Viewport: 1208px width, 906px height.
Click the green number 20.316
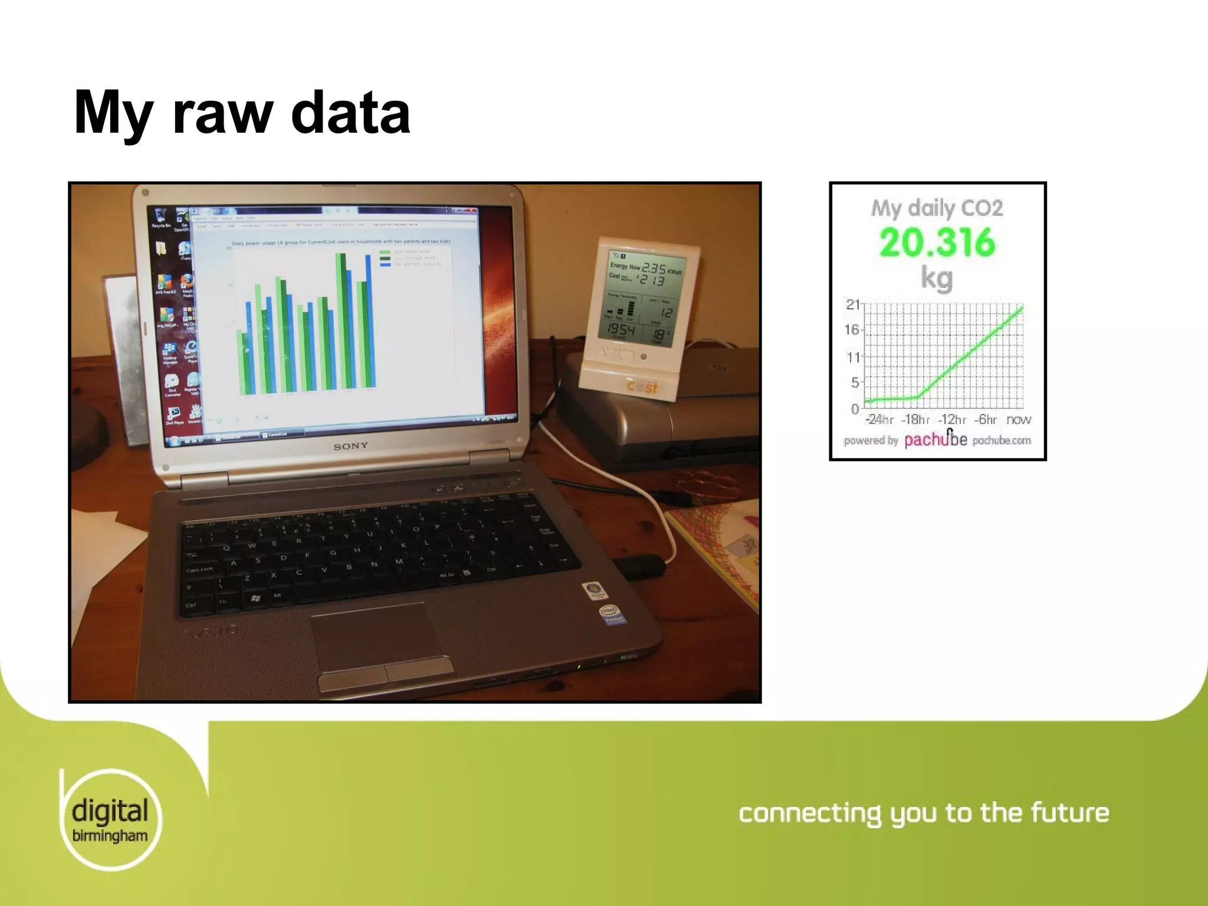(x=937, y=242)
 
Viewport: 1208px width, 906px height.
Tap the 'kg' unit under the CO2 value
(x=937, y=278)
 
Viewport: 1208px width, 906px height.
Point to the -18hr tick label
(x=915, y=420)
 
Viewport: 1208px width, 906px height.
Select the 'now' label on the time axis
(x=1019, y=420)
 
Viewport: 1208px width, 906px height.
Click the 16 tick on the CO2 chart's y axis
(x=852, y=329)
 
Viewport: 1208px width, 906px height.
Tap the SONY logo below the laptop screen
(x=351, y=447)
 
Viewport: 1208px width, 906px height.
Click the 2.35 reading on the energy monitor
(x=653, y=268)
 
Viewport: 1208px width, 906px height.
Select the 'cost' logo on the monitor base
(x=642, y=387)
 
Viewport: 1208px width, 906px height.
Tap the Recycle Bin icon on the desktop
(x=160, y=216)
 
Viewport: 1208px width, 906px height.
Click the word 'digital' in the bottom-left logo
(x=110, y=811)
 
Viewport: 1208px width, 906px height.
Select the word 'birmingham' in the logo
(x=110, y=836)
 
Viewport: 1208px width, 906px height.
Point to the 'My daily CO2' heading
(x=937, y=208)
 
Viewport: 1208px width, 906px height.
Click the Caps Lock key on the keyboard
(x=199, y=570)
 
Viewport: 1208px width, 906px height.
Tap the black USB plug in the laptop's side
(x=641, y=566)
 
